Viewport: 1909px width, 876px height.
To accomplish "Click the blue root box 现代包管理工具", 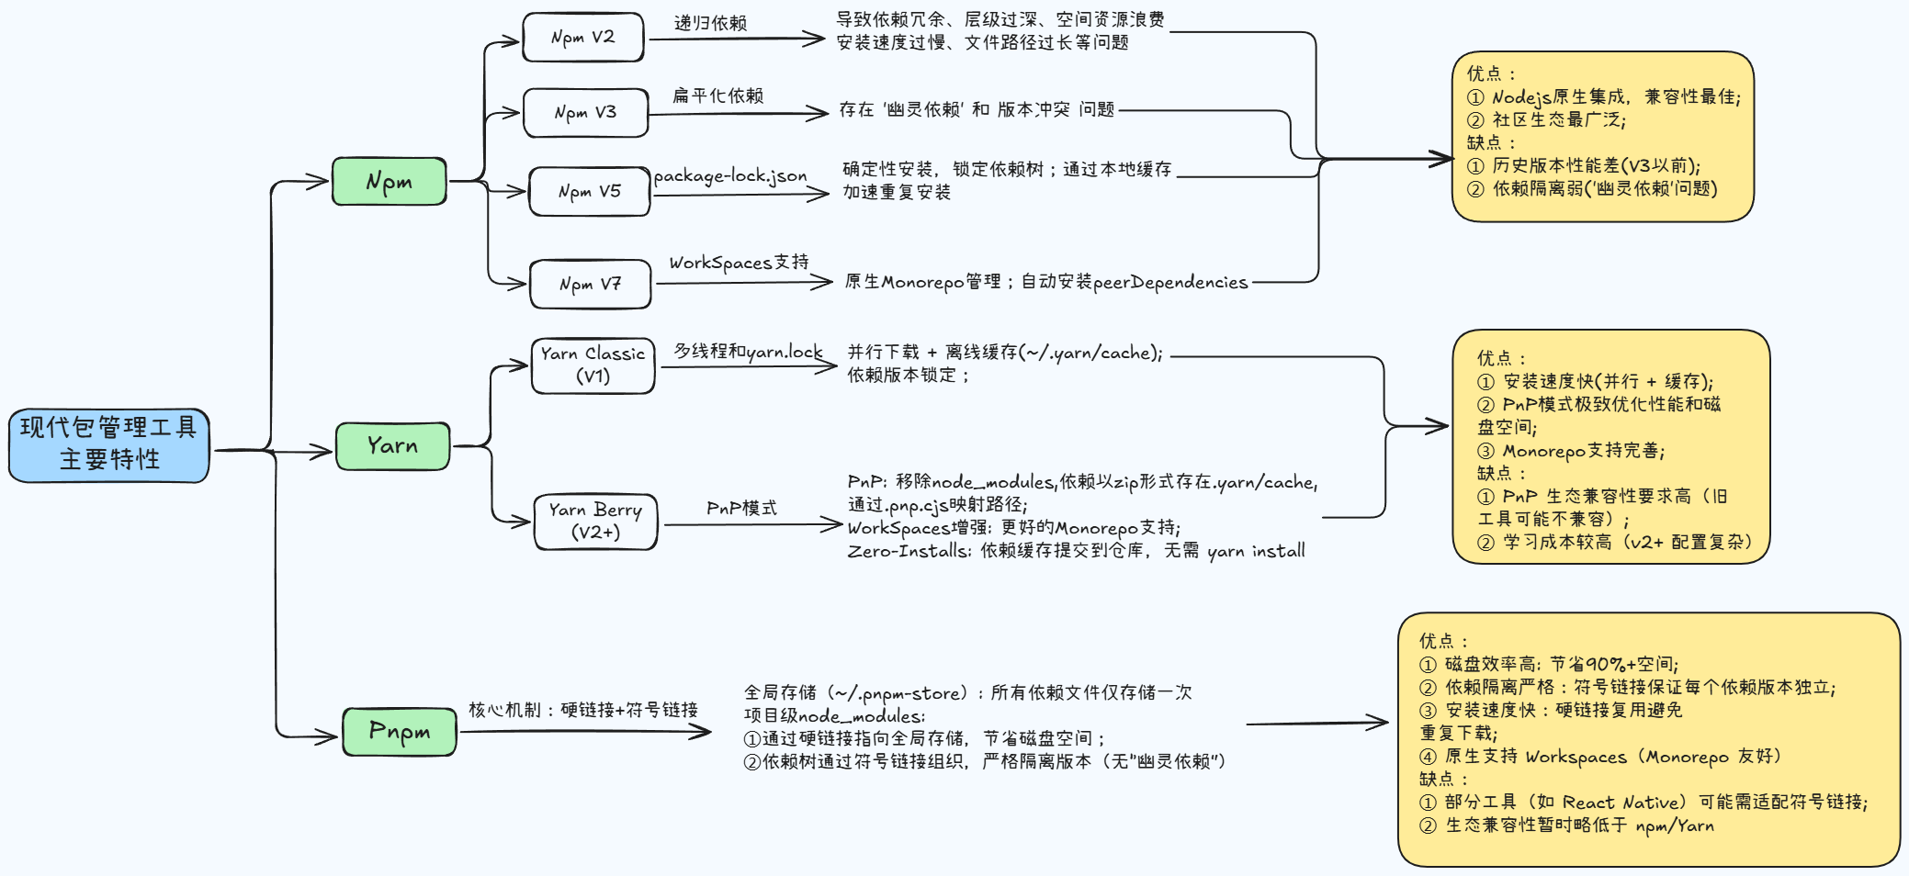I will pos(109,444).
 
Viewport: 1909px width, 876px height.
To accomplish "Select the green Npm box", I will pos(389,181).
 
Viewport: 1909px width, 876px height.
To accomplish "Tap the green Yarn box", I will pos(392,446).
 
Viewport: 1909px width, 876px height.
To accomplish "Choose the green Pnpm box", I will pos(399,732).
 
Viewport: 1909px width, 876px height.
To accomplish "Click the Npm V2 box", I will pos(582,38).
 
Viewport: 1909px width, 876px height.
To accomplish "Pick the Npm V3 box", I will pos(585,112).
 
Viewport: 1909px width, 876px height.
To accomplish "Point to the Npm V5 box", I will pos(589,191).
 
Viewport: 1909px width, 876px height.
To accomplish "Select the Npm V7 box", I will pos(590,285).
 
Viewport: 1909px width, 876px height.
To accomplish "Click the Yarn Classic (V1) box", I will pos(593,365).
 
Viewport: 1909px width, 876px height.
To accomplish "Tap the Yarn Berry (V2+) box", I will pos(595,522).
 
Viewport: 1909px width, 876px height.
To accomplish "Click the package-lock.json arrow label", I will pos(730,175).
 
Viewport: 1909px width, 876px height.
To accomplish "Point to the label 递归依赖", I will pos(710,23).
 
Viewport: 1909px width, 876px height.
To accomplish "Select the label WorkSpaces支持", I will pos(739,263).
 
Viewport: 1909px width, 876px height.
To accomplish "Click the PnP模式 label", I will pos(741,508).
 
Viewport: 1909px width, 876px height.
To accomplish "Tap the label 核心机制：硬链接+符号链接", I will pos(583,710).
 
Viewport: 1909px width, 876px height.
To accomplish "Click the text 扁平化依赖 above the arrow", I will pos(717,95).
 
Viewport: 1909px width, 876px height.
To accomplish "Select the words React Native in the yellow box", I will pos(1624,803).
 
